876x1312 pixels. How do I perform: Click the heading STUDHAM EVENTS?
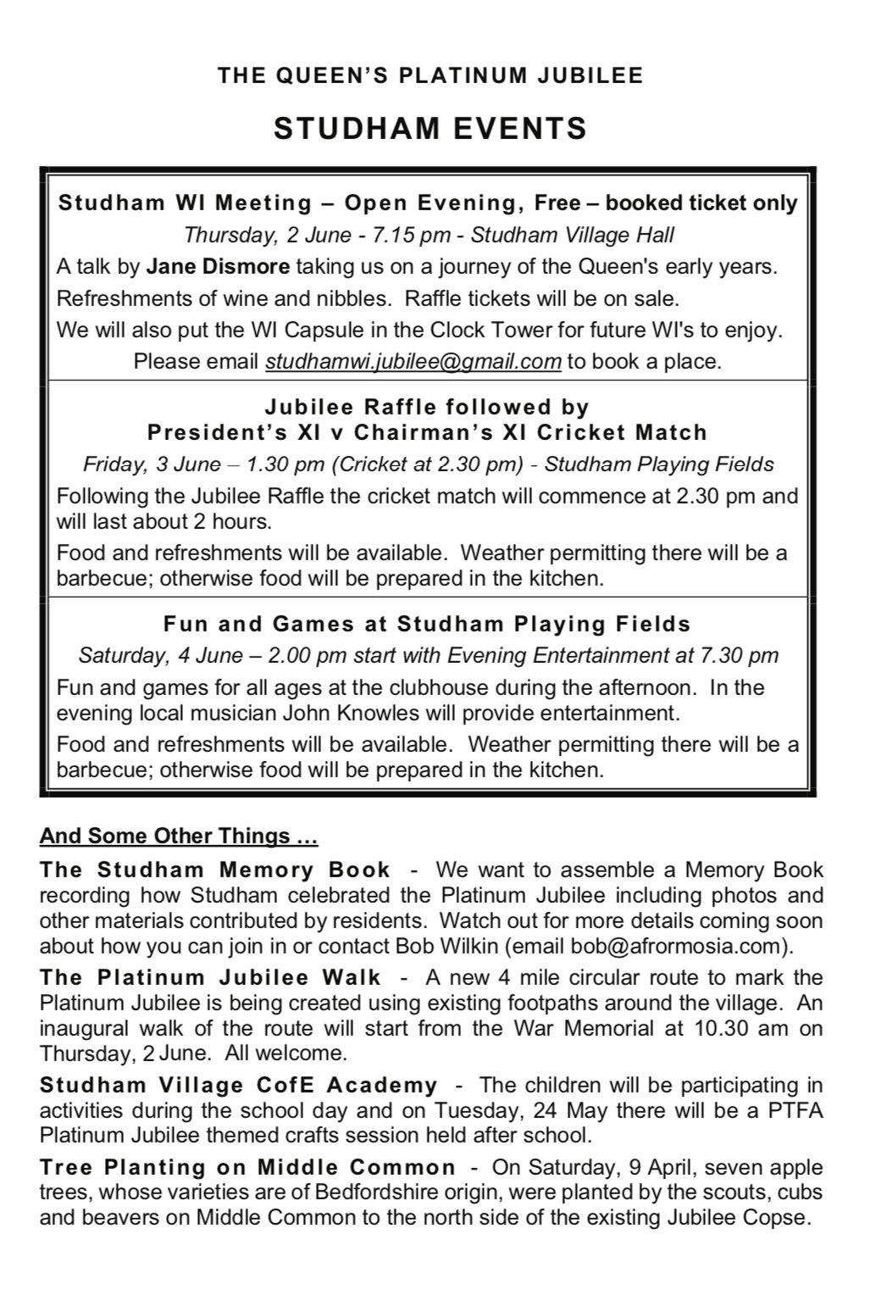coord(430,129)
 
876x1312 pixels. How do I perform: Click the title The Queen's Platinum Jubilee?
coord(430,75)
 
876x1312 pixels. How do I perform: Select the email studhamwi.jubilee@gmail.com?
coord(413,361)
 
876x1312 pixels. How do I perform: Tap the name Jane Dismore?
coord(218,266)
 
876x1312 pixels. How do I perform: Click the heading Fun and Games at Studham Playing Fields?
coord(427,625)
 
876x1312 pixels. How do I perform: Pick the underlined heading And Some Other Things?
coord(178,837)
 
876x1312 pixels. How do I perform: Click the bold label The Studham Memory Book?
coord(215,870)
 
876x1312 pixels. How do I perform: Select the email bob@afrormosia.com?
coord(675,946)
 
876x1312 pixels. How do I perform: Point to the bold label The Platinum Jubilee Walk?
coord(211,977)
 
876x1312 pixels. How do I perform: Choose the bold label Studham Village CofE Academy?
coord(239,1085)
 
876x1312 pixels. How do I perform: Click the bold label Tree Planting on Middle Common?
coord(248,1167)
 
